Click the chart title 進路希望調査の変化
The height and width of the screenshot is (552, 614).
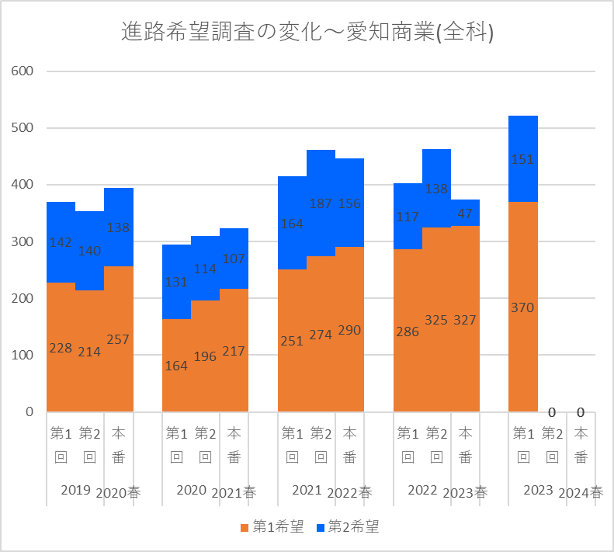(308, 32)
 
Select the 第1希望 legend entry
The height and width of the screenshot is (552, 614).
(272, 527)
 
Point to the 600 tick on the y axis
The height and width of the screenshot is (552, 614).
(23, 71)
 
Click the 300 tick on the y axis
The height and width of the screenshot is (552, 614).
(23, 241)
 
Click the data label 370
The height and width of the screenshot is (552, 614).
(523, 307)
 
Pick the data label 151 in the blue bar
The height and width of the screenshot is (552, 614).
(523, 159)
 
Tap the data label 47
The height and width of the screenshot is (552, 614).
(465, 214)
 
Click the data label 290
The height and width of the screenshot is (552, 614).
(349, 330)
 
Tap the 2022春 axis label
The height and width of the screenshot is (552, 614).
(349, 492)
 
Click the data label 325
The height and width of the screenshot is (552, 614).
(436, 320)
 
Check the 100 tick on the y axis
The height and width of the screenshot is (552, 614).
(23, 355)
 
